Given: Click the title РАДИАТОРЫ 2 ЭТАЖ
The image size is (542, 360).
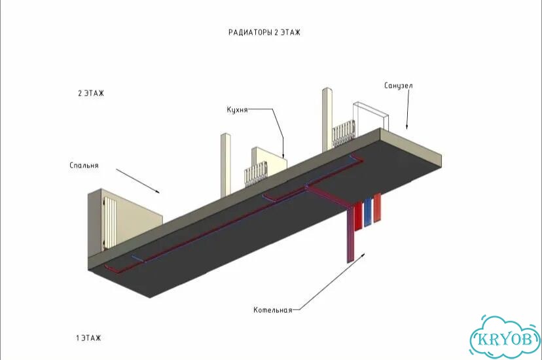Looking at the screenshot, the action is point(264,33).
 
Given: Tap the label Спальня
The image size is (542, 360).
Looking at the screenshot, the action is point(84,166).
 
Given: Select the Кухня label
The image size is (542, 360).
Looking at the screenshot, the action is point(237,110).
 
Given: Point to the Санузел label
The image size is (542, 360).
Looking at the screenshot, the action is point(399,85).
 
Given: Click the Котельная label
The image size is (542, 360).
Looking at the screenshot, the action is point(273,310).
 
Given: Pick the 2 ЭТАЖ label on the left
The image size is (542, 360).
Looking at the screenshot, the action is point(91,94).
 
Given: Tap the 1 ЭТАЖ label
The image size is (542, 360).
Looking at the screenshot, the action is point(89,338).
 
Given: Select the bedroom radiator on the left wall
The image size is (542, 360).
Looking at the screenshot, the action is point(109,222).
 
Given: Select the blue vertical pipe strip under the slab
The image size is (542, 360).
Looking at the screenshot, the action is point(367,213).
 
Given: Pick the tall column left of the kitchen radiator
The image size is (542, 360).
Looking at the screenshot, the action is point(225,165).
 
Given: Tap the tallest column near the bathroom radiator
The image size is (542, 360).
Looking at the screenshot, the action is point(327,120).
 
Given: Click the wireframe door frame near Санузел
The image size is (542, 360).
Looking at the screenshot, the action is point(370,117).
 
